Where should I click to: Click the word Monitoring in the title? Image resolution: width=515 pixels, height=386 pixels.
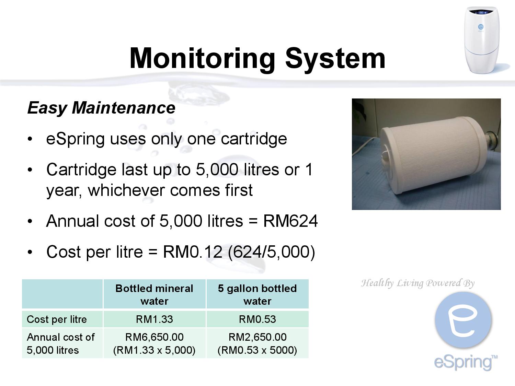202,59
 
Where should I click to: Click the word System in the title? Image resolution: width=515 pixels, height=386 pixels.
335,59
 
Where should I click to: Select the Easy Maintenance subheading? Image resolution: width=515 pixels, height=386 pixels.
101,108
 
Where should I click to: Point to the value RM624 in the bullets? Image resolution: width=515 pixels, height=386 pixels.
290,221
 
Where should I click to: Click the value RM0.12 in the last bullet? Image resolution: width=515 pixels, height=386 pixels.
192,252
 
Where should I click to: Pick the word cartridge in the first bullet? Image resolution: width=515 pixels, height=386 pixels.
254,139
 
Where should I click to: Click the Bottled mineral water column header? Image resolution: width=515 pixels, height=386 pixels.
154,294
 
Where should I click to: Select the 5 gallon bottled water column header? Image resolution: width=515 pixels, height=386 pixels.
257,294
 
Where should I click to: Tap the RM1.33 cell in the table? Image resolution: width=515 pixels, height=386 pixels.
154,319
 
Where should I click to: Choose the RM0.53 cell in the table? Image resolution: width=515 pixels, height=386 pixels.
257,319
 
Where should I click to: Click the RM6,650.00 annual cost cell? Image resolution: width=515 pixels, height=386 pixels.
154,343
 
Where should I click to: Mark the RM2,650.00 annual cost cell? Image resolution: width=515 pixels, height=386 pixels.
257,343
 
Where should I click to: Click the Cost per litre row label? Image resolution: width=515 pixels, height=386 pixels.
57,319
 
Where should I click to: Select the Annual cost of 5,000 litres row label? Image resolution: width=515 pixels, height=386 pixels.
60,343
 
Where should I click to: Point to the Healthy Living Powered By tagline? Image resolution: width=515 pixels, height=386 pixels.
417,283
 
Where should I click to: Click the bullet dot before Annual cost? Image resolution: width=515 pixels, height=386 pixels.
30,221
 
